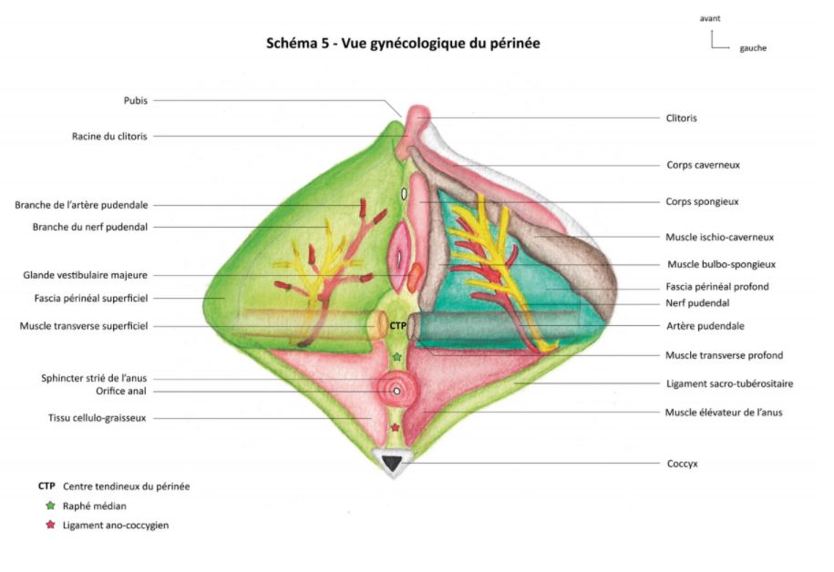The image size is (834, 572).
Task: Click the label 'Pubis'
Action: tap(135, 101)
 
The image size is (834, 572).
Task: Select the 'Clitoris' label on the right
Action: tap(683, 118)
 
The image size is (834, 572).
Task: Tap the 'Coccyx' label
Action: tap(682, 464)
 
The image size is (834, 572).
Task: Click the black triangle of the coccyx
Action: tap(393, 464)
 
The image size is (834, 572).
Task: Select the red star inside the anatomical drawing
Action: tap(395, 426)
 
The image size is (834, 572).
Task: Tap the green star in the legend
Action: tap(50, 506)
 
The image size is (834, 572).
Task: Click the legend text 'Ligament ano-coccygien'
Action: tap(116, 525)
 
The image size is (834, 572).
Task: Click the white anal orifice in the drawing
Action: tap(396, 392)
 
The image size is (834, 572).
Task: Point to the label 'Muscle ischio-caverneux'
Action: tap(719, 237)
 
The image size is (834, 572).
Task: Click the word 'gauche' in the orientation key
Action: tap(753, 48)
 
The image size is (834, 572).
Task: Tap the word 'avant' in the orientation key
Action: tap(711, 18)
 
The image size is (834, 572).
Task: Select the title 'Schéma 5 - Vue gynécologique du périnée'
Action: tap(403, 43)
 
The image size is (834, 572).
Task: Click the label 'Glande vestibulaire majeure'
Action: tap(85, 274)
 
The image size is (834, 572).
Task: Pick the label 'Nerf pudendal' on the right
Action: tap(697, 302)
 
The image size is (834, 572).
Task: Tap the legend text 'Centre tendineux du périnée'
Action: tap(126, 486)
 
